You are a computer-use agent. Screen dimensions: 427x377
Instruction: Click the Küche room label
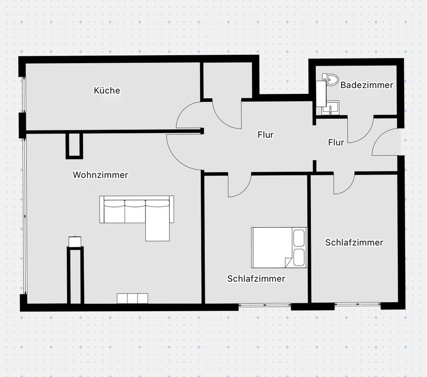[x=107, y=90]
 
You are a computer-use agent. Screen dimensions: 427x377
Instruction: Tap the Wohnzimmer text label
[x=100, y=175]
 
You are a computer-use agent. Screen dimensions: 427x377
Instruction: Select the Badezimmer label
[x=367, y=85]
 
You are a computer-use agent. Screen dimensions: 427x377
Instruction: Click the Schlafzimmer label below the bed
[x=256, y=278]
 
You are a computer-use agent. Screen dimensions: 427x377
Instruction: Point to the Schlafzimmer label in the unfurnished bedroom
[x=354, y=242]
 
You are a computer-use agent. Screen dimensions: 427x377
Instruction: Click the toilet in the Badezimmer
[x=330, y=79]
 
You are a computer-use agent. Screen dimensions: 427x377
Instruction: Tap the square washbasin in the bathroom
[x=330, y=108]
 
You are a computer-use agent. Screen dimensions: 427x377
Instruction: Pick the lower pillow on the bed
[x=299, y=257]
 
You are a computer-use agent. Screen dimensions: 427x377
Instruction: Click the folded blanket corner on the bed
[x=288, y=262]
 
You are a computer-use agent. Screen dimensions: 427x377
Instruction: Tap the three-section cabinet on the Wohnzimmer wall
[x=133, y=298]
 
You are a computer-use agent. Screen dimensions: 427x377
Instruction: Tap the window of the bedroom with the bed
[x=265, y=305]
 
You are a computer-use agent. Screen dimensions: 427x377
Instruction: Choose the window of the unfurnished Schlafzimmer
[x=358, y=304]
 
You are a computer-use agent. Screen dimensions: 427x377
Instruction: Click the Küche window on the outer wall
[x=24, y=95]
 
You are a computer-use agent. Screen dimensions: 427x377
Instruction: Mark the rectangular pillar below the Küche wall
[x=74, y=146]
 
